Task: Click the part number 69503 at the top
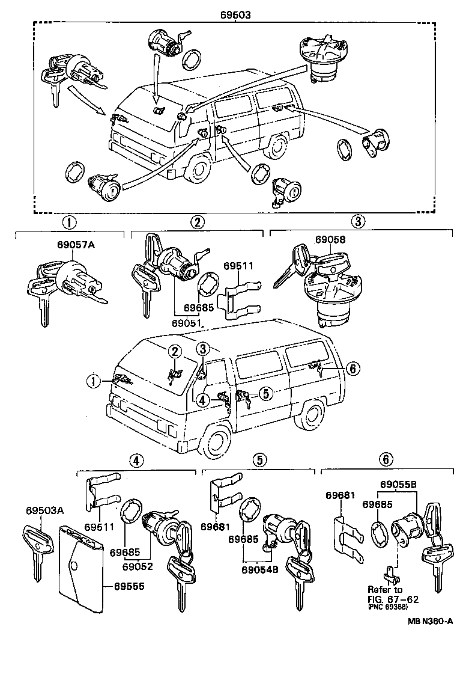click(233, 13)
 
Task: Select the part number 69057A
click(69, 245)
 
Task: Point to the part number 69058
click(329, 239)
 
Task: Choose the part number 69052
click(138, 566)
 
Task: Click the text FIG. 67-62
click(393, 599)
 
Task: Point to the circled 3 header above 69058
click(357, 222)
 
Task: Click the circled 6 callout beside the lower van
click(353, 368)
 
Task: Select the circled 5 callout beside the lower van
click(265, 393)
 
